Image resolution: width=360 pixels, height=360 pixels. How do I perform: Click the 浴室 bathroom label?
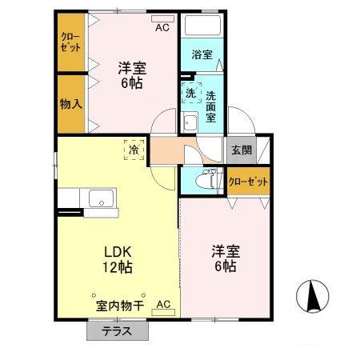coord(202,55)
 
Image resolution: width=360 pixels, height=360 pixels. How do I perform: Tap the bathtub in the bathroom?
coord(202,27)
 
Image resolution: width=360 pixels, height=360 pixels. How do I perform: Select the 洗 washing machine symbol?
coord(190,94)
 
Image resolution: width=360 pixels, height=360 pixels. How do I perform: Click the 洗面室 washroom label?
coord(210,104)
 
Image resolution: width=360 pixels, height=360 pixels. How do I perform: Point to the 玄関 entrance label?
coord(241,149)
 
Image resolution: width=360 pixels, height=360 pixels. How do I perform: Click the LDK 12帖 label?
coord(116,258)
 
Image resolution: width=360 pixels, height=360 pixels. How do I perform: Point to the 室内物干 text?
coord(120,305)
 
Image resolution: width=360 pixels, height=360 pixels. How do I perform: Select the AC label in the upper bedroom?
coord(162,27)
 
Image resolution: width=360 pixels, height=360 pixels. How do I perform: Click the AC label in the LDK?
coord(163,305)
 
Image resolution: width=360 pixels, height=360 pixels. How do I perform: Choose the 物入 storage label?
coord(70,103)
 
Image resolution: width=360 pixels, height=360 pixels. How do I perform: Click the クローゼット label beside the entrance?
coord(248,182)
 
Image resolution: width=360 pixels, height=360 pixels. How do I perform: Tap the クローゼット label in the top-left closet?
coord(70,42)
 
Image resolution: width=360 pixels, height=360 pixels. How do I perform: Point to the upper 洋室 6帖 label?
coord(132,74)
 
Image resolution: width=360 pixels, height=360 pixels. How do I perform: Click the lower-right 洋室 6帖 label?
coord(223,258)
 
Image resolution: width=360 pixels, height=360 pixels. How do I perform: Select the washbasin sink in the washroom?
coord(190,122)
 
